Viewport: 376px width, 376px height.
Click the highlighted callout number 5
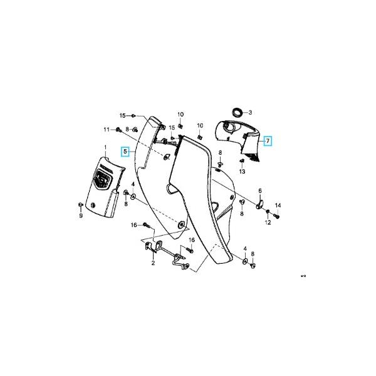(126, 152)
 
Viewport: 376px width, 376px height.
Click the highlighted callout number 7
(268, 141)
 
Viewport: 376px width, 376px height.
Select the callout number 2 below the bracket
(152, 263)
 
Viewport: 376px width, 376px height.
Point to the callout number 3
(251, 113)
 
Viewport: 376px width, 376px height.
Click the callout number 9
(80, 216)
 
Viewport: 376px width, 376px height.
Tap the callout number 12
(267, 222)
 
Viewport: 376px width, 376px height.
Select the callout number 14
(278, 206)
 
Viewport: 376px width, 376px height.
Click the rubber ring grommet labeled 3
(236, 113)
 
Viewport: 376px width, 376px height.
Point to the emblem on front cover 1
(102, 180)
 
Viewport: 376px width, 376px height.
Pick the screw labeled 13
(242, 161)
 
